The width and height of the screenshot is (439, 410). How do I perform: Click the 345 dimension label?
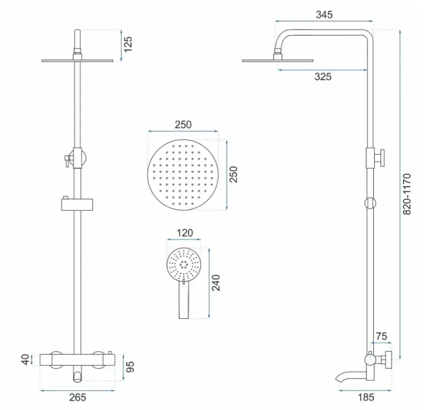tap(324, 14)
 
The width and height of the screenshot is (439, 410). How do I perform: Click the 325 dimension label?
tap(323, 76)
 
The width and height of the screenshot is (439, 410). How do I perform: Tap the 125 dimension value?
tap(128, 45)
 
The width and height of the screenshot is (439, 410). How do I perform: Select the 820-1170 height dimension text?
tap(407, 194)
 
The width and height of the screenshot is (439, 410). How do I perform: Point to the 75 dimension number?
tap(381, 336)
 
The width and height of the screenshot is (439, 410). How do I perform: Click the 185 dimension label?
tap(366, 397)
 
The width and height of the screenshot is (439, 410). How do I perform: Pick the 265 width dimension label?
tap(77, 397)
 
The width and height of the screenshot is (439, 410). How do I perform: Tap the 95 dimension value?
tap(130, 367)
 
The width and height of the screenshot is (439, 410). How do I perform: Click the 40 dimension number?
tap(25, 360)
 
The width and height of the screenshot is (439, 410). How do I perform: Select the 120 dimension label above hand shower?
tap(185, 233)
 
